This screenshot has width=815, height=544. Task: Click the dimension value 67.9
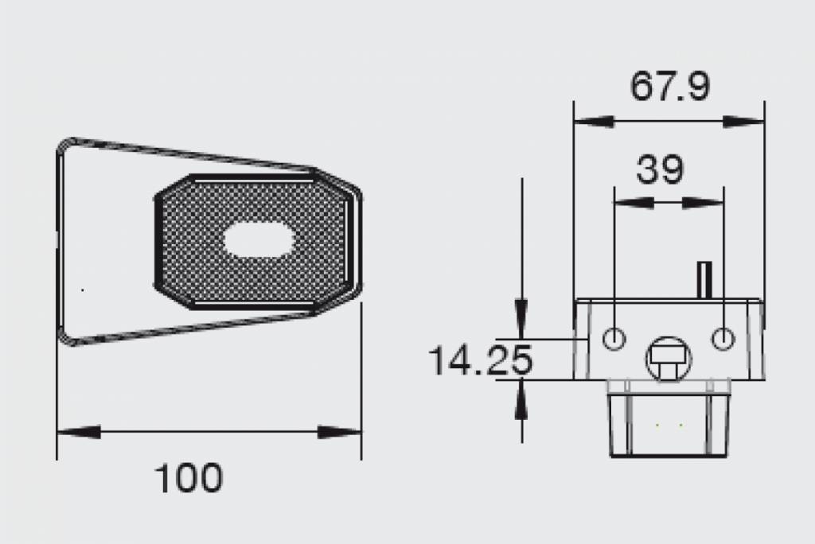[669, 87]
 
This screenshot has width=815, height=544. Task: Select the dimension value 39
[661, 169]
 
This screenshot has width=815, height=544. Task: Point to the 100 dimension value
[189, 478]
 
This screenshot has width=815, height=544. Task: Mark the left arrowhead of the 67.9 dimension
[593, 122]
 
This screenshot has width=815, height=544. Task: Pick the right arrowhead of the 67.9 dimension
[744, 122]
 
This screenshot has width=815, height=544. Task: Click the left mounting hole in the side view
[614, 339]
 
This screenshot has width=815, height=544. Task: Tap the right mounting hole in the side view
[723, 339]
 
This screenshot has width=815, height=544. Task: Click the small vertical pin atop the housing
[704, 279]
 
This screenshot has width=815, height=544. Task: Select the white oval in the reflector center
[259, 239]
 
